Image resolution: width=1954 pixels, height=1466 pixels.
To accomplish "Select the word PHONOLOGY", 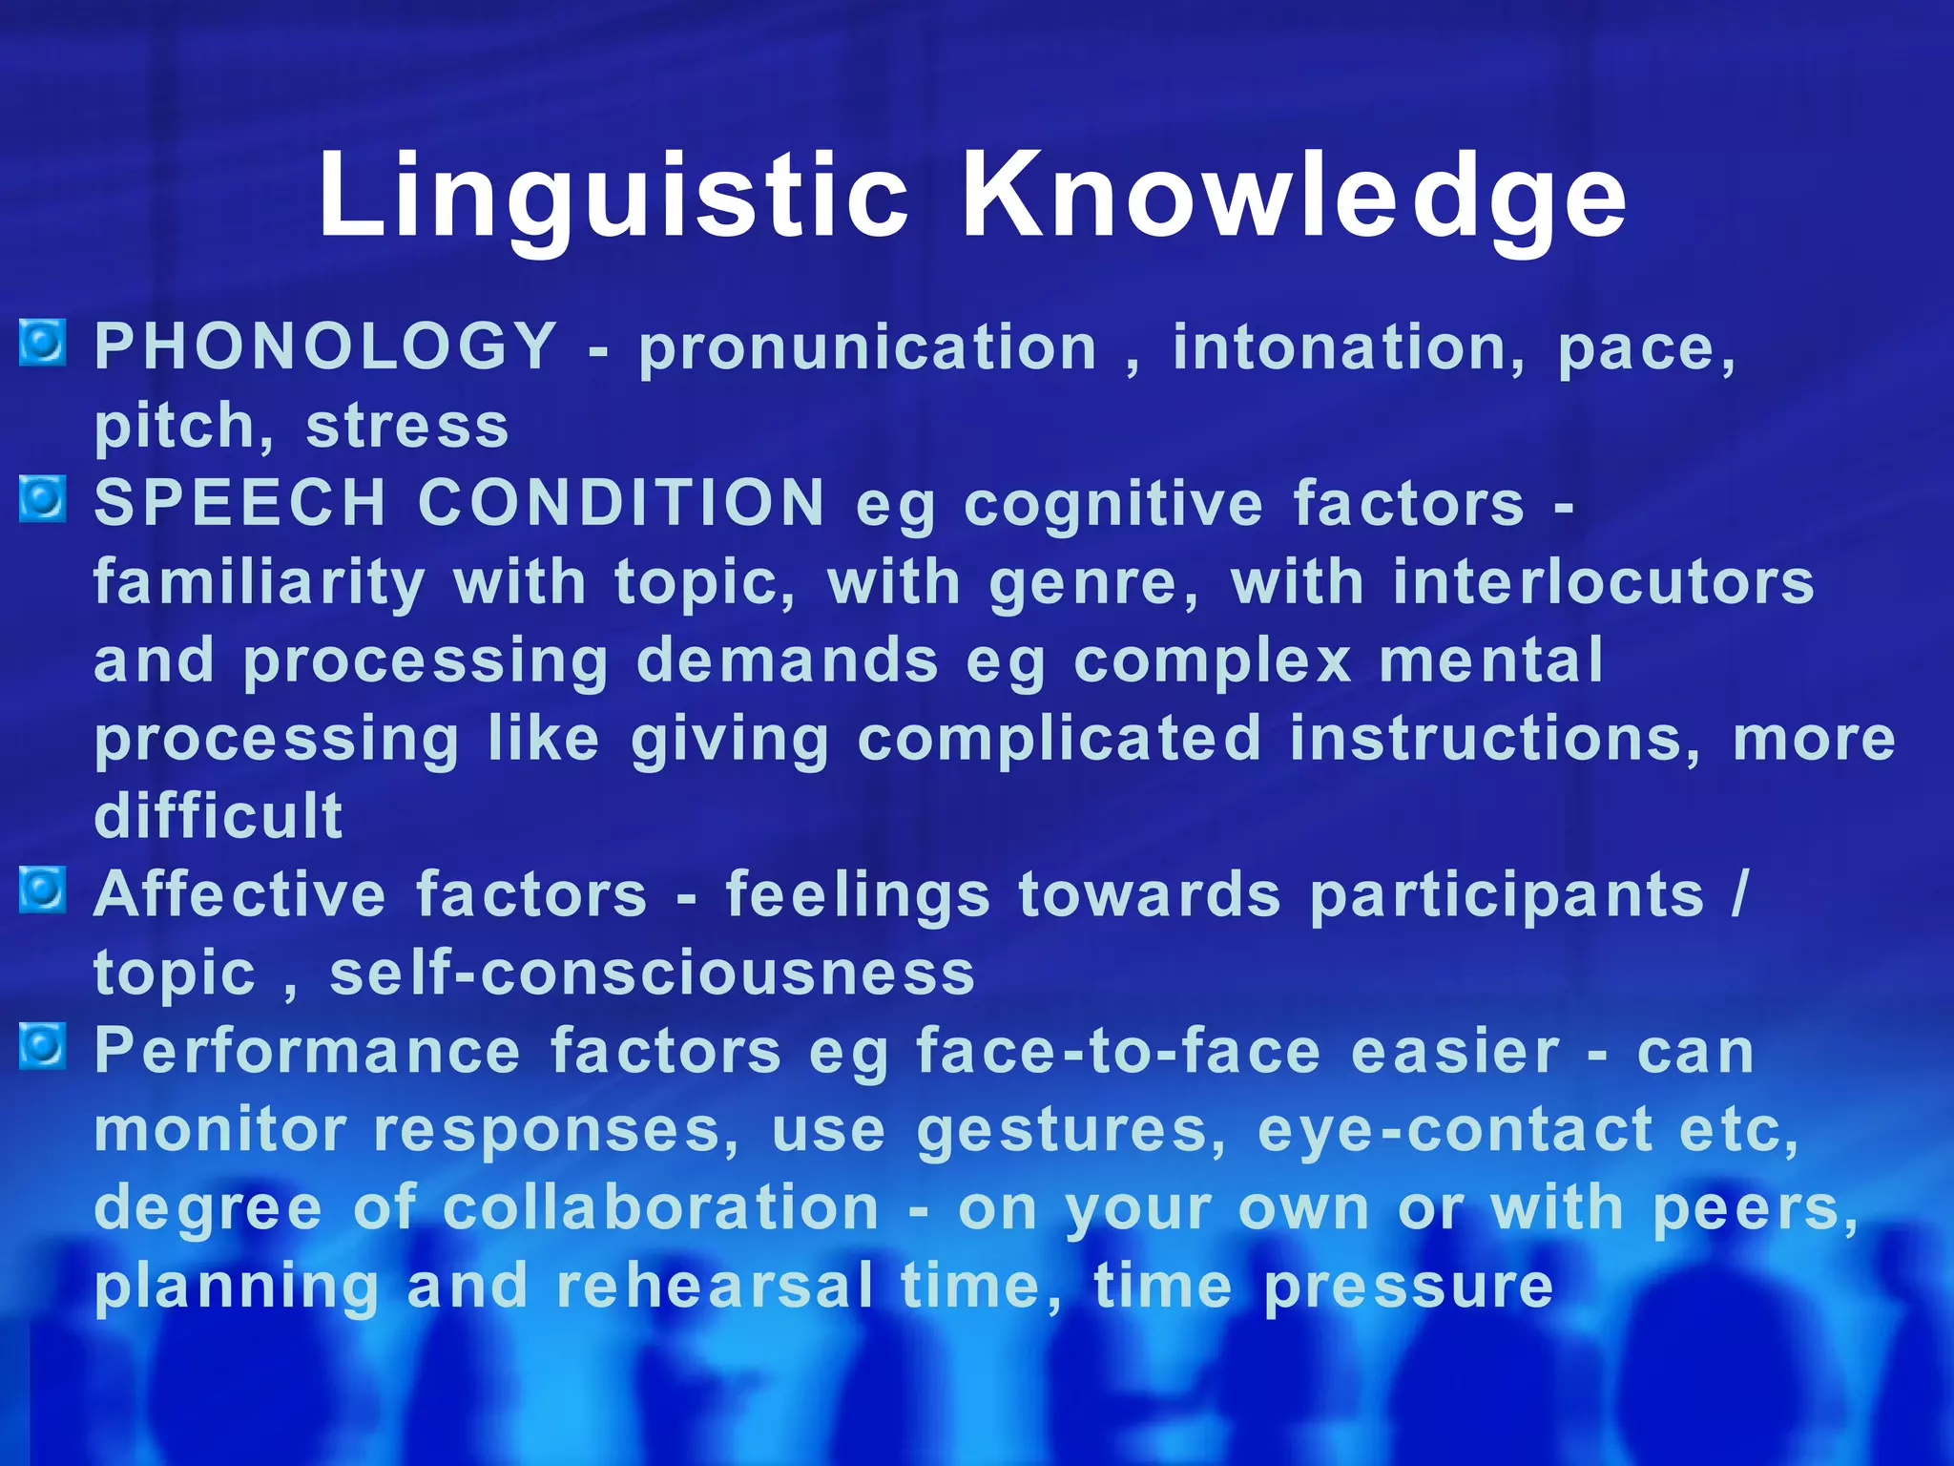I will coord(325,346).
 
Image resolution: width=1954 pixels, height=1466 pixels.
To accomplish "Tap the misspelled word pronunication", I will coord(868,347).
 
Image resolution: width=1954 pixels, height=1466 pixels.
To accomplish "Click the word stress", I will coord(407,426).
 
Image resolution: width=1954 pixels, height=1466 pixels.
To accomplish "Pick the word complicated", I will coord(1059,739).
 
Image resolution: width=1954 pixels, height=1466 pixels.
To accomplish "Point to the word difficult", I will coord(218,816).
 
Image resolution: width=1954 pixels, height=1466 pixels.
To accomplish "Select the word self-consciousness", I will coord(652,974).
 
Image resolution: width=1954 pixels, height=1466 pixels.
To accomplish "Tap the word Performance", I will coord(307,1052).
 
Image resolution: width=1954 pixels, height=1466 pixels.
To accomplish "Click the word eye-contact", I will coord(1455,1130).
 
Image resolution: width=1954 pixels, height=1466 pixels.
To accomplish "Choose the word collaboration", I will coord(660,1208).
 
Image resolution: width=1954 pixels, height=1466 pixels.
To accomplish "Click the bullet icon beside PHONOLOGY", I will coord(43,343).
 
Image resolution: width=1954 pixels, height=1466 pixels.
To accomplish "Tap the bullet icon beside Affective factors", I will coord(43,890).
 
